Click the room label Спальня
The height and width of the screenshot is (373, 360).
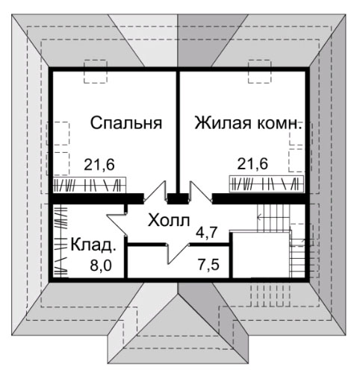pos(126,122)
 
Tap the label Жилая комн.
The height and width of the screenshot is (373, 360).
pos(248,122)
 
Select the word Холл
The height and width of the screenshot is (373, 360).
pos(169,220)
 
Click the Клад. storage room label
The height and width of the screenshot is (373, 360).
pos(93,245)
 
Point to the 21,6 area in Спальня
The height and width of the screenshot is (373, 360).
pos(99,165)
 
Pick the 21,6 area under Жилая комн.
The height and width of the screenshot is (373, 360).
pos(252,164)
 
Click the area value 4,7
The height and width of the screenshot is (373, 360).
pos(206,233)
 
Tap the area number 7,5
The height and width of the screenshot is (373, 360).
pos(209,264)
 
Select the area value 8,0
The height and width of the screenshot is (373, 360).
pos(101,266)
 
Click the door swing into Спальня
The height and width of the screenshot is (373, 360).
pos(155,192)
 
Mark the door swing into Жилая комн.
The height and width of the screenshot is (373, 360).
pos(201,192)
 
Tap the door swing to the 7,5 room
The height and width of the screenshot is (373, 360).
pos(177,253)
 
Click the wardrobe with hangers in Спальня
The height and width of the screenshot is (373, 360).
pos(90,185)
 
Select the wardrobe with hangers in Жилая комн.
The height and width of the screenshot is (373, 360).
pos(267,184)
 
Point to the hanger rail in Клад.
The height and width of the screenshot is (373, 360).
pos(60,240)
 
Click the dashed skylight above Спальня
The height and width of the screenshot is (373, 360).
pos(96,72)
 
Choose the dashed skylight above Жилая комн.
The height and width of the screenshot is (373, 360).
pos(260,72)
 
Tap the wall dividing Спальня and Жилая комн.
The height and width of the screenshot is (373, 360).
pos(178,133)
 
